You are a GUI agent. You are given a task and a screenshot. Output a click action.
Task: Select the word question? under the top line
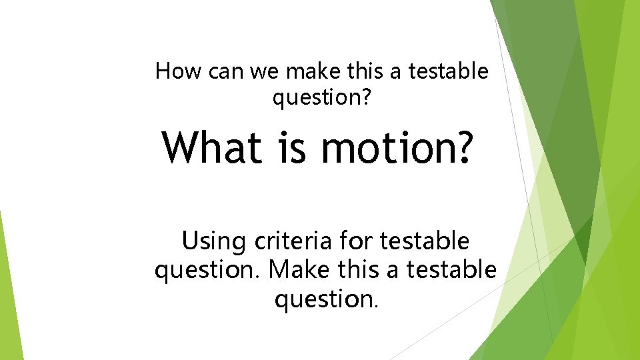(321, 99)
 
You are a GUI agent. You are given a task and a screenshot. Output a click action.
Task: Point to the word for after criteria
(356, 241)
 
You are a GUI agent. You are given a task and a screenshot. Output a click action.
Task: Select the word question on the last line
(323, 299)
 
